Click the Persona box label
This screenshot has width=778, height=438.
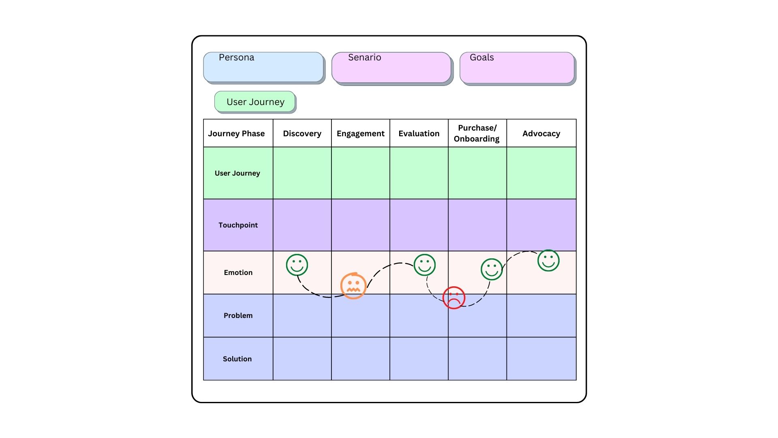pyautogui.click(x=236, y=58)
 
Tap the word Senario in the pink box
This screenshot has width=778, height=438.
pyautogui.click(x=365, y=58)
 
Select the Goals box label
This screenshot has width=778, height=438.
pyautogui.click(x=482, y=58)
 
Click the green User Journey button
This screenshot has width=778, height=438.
pyautogui.click(x=255, y=101)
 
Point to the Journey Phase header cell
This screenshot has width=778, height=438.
pyautogui.click(x=236, y=133)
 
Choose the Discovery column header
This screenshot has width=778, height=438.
pyautogui.click(x=302, y=133)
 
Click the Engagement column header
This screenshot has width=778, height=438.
pyautogui.click(x=361, y=133)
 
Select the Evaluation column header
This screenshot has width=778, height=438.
pyautogui.click(x=419, y=133)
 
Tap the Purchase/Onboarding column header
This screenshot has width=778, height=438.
pyautogui.click(x=477, y=133)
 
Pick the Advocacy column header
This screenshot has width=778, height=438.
pyautogui.click(x=541, y=133)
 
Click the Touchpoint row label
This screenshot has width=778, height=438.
pyautogui.click(x=238, y=225)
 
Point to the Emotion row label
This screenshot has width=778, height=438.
pyautogui.click(x=238, y=273)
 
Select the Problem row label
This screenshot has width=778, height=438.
pyautogui.click(x=238, y=316)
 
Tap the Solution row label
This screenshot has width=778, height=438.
pyautogui.click(x=237, y=359)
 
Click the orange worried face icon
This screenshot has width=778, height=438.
pyautogui.click(x=353, y=286)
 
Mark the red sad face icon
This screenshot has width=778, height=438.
pyautogui.click(x=454, y=298)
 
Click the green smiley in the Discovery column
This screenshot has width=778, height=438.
pyautogui.click(x=297, y=265)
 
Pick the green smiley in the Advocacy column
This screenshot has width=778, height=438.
pyautogui.click(x=549, y=260)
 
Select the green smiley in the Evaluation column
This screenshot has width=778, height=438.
pyautogui.click(x=425, y=265)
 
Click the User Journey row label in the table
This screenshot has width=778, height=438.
pyautogui.click(x=237, y=173)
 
